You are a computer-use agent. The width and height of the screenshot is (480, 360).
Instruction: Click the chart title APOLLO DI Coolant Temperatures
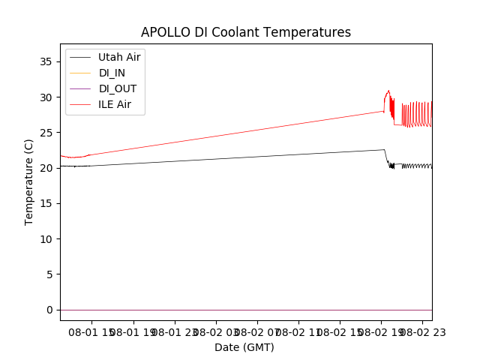tap(246, 32)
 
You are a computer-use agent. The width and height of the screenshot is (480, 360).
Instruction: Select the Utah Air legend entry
tap(119, 57)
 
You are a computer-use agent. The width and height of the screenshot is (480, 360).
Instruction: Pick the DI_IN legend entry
tap(113, 73)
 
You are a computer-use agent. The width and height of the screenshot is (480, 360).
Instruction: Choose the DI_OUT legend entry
tap(118, 88)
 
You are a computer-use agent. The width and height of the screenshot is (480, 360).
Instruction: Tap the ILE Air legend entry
tap(115, 104)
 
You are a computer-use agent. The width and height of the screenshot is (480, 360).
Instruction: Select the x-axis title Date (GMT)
tap(244, 347)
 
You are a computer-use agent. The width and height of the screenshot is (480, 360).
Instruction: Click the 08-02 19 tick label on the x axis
tap(379, 332)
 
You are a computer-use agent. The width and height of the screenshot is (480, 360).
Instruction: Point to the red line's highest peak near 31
tap(388, 91)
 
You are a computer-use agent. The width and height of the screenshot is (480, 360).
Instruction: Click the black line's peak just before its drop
tap(384, 149)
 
